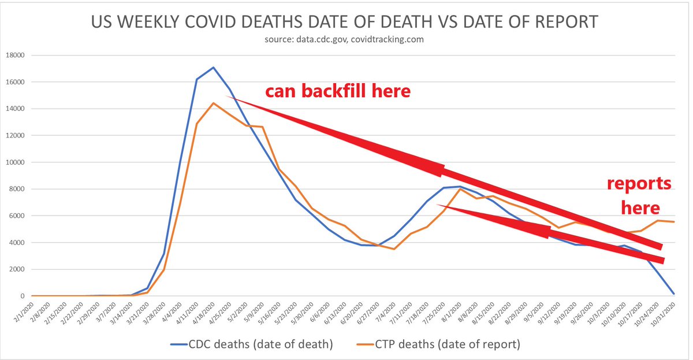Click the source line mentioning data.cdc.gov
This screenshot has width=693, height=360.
point(345,40)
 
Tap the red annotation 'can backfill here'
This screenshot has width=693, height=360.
point(337,91)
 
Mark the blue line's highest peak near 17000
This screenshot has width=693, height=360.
point(214,68)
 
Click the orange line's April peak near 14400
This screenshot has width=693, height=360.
point(214,103)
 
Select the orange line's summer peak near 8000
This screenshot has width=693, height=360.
point(460,189)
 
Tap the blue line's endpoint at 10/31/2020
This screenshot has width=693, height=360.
point(674,294)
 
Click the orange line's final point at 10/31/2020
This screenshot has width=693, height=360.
point(674,222)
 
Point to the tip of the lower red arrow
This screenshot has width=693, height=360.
point(664,261)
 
